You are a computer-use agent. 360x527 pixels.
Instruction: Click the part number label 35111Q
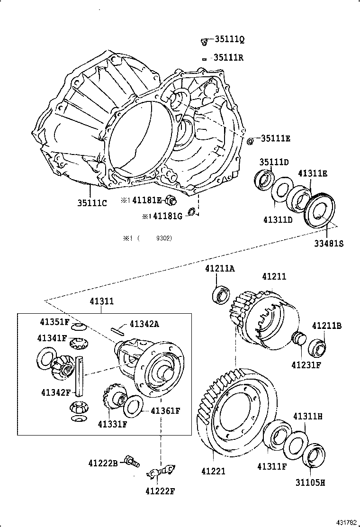[229, 40]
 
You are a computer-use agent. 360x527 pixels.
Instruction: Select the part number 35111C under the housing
[92, 203]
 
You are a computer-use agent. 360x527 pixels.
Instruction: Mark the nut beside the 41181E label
[173, 200]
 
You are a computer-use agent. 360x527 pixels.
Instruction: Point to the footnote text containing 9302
[147, 238]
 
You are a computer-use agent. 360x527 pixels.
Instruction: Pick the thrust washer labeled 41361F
[133, 405]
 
